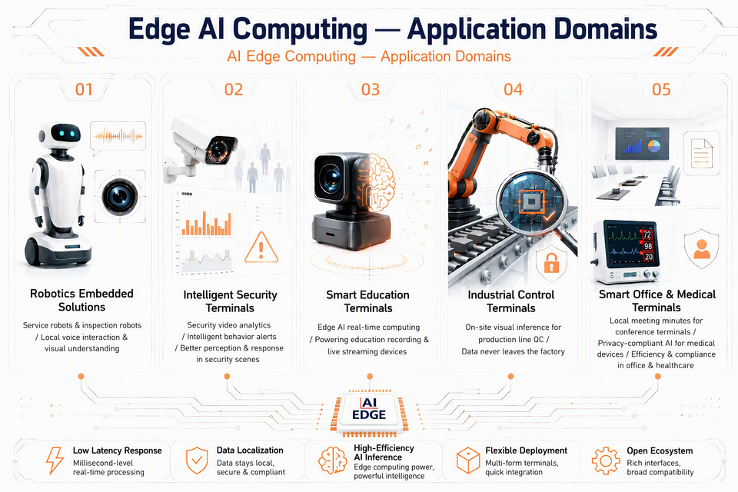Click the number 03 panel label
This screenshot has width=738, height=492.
tap(371, 89)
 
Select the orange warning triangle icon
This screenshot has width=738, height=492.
tap(261, 248)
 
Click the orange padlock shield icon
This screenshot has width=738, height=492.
tap(551, 264)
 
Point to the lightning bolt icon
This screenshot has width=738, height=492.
tap(55, 460)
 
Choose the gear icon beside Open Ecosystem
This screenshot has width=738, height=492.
tap(606, 460)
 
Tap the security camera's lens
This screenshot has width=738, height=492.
tap(218, 150)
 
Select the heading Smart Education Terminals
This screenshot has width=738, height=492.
tap(368, 301)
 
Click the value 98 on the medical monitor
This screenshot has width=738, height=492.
tap(648, 246)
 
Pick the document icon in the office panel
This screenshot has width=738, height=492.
tap(702, 153)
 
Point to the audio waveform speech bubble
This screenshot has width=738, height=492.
tap(118, 138)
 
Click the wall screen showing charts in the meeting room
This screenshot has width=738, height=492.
tap(641, 143)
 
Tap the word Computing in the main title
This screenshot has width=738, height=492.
tap(301, 29)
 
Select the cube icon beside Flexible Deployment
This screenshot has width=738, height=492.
tap(468, 460)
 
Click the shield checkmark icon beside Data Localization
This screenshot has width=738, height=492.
tap(197, 460)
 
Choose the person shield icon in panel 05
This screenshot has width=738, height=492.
tap(701, 248)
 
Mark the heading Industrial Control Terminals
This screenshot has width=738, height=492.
tap(511, 301)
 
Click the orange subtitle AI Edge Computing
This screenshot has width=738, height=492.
tap(291, 56)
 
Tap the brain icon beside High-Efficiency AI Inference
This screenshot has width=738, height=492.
tap(333, 460)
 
